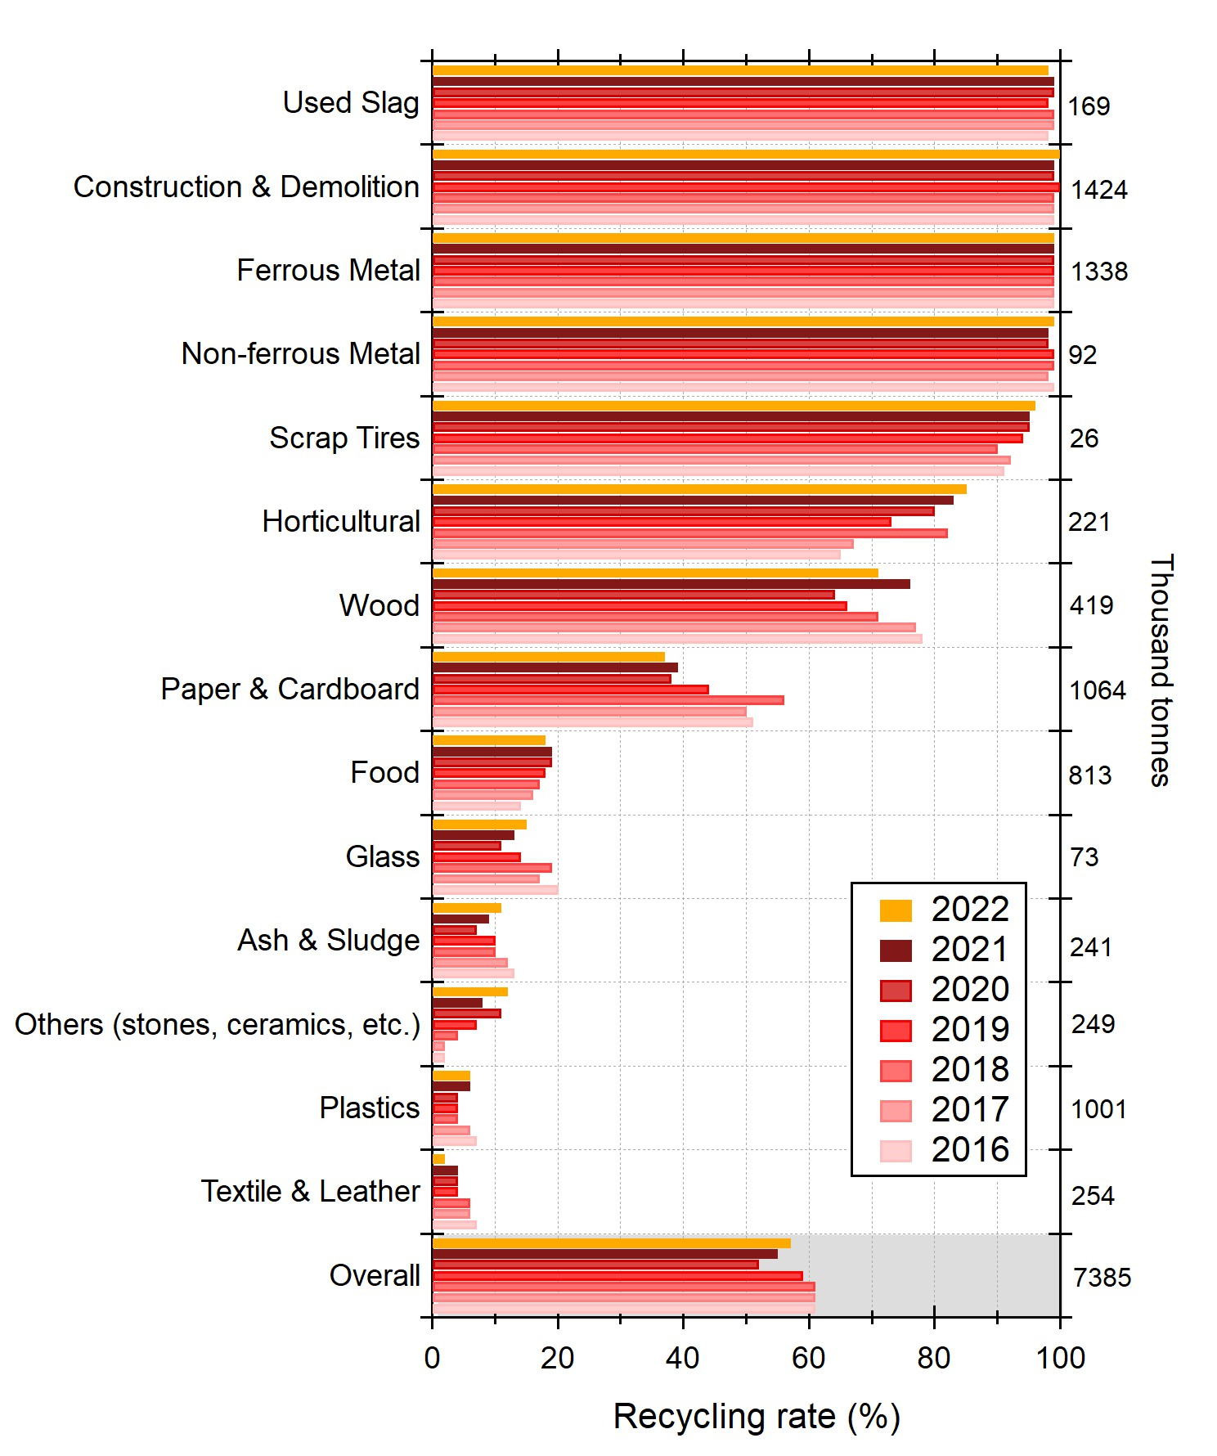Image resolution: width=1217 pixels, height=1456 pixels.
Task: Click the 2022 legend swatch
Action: (896, 910)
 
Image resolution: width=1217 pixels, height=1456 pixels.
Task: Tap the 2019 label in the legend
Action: (970, 1030)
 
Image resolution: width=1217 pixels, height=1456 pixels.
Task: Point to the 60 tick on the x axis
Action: (808, 1359)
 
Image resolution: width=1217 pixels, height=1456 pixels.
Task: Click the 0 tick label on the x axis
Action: (432, 1359)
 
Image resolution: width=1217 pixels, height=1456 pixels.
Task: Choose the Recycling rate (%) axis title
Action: (756, 1417)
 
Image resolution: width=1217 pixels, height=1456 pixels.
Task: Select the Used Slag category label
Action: (351, 103)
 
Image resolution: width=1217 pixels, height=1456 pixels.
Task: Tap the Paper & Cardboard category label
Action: (290, 690)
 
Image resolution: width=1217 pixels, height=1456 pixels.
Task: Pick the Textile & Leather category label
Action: (311, 1192)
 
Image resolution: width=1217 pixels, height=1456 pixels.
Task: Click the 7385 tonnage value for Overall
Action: (1102, 1278)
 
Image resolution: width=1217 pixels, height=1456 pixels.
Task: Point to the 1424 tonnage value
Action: (1099, 190)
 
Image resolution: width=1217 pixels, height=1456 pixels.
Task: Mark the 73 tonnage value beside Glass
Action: (1085, 857)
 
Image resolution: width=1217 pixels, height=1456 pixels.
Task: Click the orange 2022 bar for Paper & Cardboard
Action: (548, 657)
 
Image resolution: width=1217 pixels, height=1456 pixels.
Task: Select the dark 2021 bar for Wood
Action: (671, 584)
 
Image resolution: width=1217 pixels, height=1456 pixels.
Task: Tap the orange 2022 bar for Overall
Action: (611, 1243)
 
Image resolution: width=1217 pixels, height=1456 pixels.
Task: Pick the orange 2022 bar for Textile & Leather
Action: (438, 1159)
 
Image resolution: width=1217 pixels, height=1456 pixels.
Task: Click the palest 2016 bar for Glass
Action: (495, 890)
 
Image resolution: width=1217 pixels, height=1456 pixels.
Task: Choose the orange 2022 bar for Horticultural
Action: (699, 489)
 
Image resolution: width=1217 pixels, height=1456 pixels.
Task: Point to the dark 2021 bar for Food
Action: (492, 752)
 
